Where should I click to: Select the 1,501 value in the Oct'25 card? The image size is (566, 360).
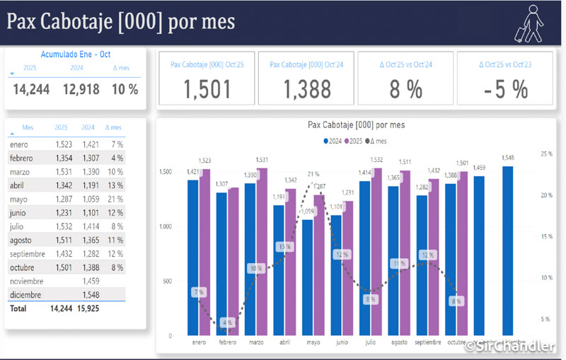tap(207, 89)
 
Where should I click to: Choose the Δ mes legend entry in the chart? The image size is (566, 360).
tap(381, 141)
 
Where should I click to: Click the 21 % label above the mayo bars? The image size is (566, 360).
tap(313, 174)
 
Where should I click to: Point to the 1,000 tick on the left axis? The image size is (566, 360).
tap(166, 226)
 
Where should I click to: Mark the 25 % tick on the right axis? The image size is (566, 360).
tap(546, 153)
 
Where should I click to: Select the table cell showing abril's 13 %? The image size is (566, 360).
tap(116, 185)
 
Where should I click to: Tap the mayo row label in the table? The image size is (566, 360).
tap(18, 199)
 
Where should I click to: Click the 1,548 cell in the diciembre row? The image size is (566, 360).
tap(88, 294)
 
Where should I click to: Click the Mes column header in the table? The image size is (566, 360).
tap(28, 128)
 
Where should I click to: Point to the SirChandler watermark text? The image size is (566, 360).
tap(511, 346)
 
